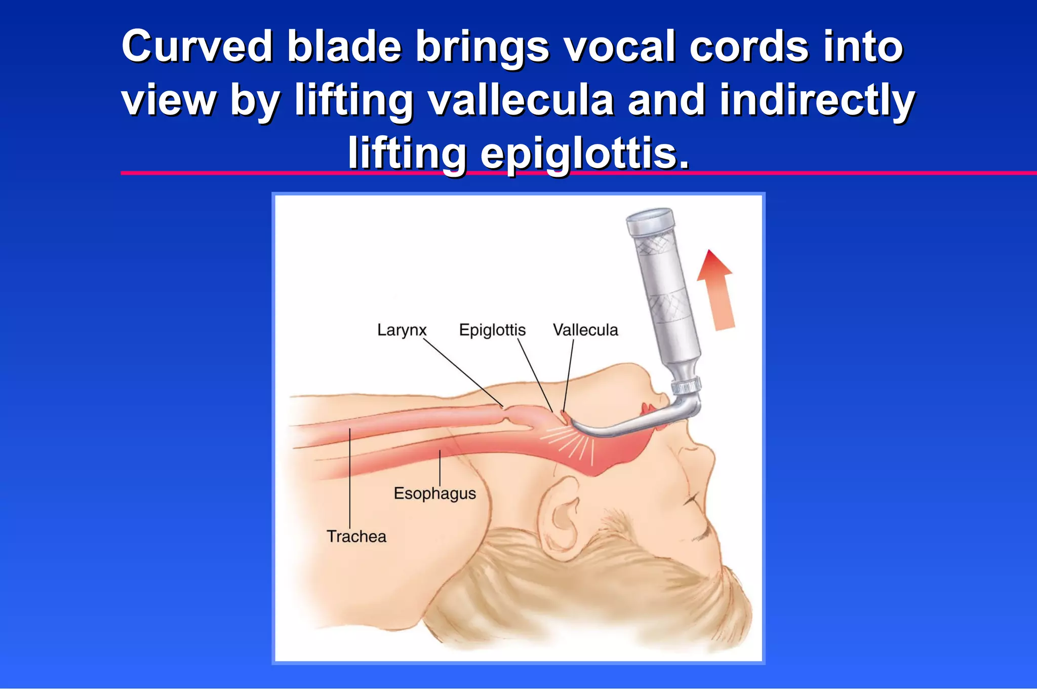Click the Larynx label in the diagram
click(x=402, y=330)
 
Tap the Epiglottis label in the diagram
click(x=492, y=330)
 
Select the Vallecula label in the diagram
click(x=585, y=330)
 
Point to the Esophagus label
click(x=435, y=493)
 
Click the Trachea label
click(x=356, y=537)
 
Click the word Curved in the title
click(x=197, y=47)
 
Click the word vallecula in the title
click(x=521, y=100)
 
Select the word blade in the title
click(x=344, y=47)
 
